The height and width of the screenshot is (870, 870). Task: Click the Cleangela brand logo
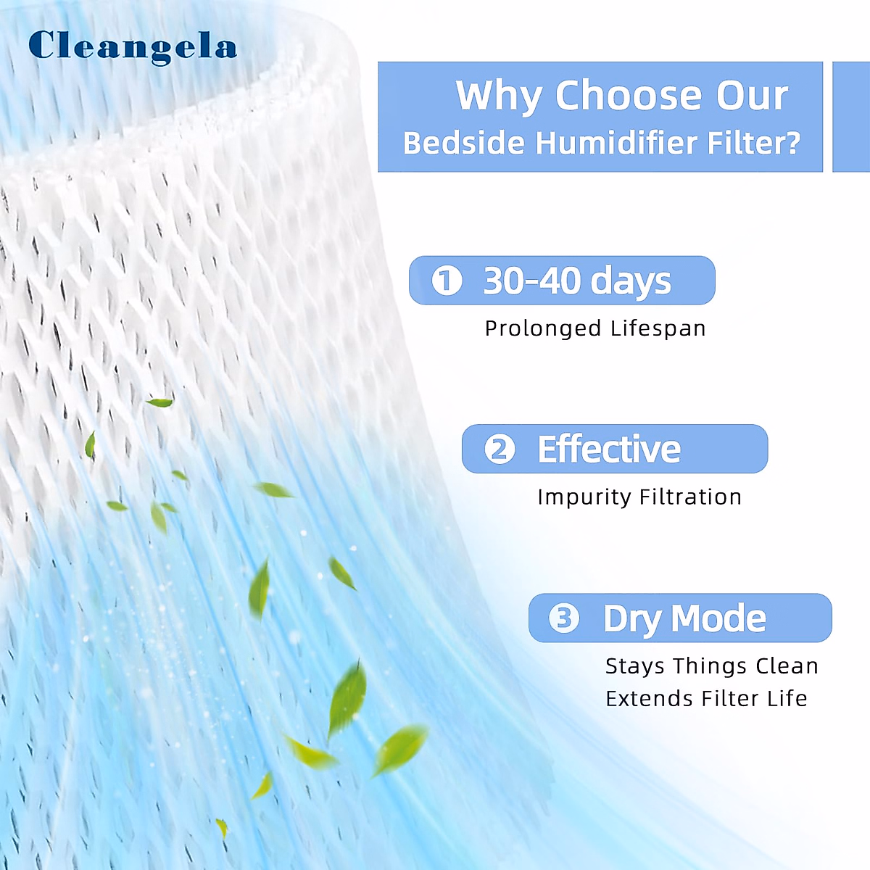(x=132, y=47)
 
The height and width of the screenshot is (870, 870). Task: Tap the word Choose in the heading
(x=627, y=95)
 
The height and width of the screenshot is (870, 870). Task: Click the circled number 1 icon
(x=447, y=281)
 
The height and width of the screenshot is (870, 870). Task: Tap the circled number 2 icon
(x=500, y=449)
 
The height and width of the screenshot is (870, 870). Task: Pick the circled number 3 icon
(x=564, y=618)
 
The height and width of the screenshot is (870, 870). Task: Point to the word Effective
(x=608, y=449)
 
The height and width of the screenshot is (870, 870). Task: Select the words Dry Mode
(x=684, y=619)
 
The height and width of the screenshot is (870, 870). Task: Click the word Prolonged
(x=543, y=328)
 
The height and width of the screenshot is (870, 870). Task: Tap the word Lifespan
(x=658, y=328)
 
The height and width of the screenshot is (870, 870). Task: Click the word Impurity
(x=584, y=497)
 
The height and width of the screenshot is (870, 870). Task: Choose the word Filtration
(x=691, y=497)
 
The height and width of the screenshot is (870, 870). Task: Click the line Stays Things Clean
(x=711, y=666)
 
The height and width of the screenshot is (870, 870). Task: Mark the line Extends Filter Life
(x=706, y=698)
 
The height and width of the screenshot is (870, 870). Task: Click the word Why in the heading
(x=499, y=96)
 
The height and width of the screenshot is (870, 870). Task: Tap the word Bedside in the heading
(x=464, y=143)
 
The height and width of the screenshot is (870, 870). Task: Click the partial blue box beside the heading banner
(x=851, y=117)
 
